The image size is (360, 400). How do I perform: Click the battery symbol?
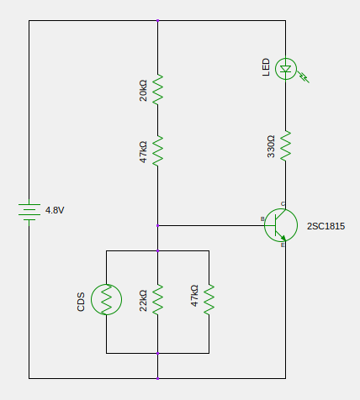29,213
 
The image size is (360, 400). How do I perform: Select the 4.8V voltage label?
55,210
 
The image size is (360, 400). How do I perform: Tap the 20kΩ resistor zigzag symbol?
157,90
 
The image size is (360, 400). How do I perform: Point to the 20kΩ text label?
143,91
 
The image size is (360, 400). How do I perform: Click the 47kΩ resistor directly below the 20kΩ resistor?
157,151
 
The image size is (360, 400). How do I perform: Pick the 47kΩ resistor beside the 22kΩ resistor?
209,300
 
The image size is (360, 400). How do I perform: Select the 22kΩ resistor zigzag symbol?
157,300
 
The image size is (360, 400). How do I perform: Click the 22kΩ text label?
143,301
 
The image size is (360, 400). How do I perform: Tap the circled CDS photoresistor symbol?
106,299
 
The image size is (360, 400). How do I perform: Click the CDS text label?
81,302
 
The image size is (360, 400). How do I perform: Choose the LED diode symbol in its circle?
286,69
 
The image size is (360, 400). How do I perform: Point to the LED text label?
266,67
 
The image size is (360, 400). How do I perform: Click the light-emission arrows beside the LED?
304,76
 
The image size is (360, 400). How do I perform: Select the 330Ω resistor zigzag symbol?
286,145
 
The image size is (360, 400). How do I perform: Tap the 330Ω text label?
271,146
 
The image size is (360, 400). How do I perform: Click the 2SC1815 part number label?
326,226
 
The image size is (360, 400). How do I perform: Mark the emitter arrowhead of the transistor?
283,239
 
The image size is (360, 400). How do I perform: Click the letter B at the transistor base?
262,219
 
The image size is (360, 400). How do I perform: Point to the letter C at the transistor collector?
283,204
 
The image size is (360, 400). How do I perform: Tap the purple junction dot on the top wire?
157,21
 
